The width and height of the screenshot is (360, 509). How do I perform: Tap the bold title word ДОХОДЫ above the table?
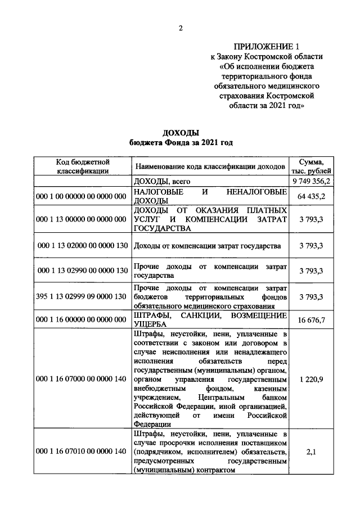pos(181,133)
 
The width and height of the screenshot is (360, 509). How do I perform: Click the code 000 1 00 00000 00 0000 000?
pos(82,196)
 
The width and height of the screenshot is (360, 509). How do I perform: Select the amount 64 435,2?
pos(311,196)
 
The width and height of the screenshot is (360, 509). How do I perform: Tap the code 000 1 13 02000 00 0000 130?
pos(82,246)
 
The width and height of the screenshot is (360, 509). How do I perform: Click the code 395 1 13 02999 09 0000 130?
pos(82,296)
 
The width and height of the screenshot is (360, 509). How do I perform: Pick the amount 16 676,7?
pos(311,319)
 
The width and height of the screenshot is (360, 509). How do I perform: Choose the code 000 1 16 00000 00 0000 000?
pos(82,319)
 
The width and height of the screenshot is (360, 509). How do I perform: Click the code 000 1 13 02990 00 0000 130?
pos(82,271)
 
